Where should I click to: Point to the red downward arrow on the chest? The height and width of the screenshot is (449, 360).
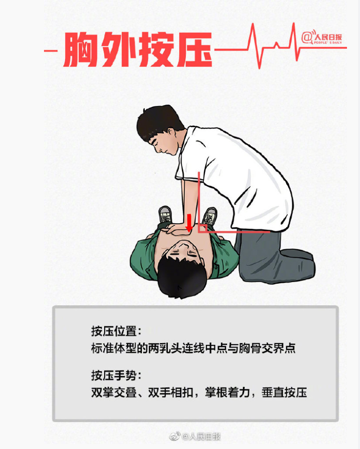pos(189,223)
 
